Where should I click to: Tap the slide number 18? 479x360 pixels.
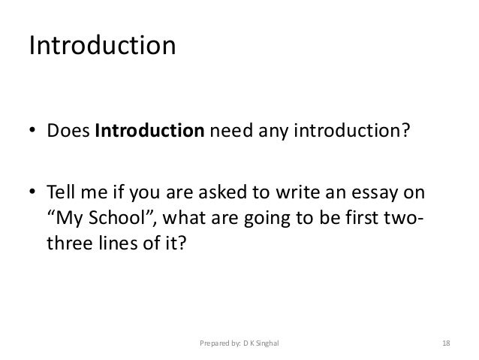[446, 343]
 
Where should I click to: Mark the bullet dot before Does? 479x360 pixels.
[33, 134]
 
